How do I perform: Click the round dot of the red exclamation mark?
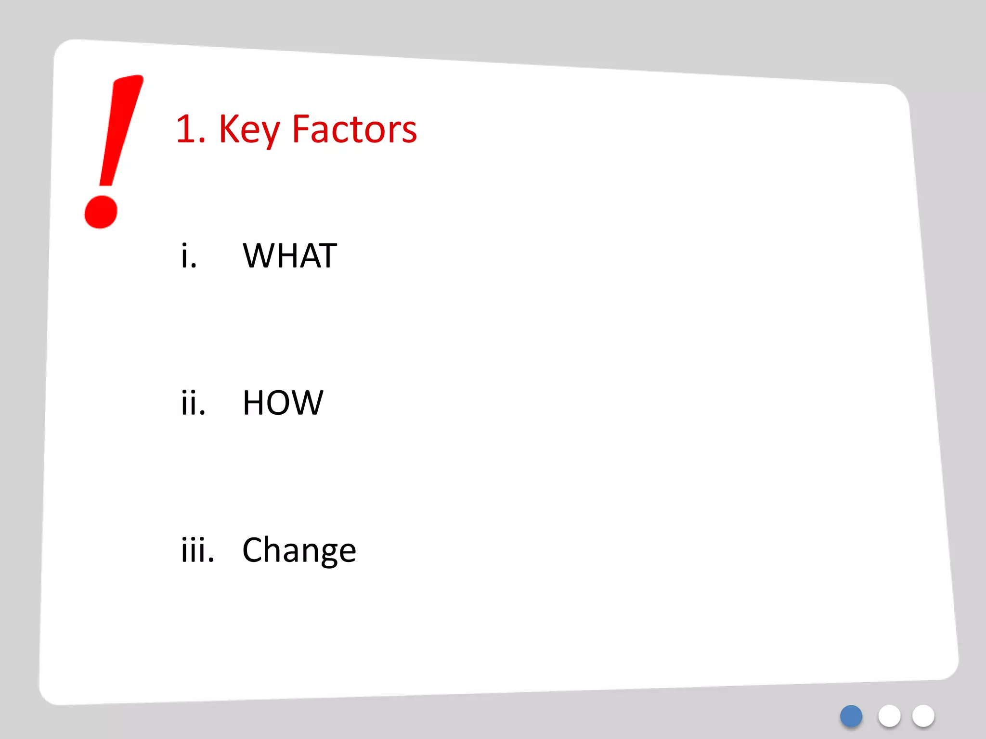tap(101, 212)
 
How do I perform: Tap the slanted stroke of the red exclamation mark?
tap(120, 130)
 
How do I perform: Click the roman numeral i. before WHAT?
tap(189, 255)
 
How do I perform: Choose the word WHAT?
tap(290, 255)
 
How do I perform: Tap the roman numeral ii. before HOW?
tap(193, 403)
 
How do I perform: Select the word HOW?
tap(283, 403)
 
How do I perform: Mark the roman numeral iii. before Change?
tap(197, 550)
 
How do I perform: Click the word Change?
tap(299, 550)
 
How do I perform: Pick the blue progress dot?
tap(851, 716)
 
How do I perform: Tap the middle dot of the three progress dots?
tap(889, 716)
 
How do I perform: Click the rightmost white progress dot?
tap(923, 716)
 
